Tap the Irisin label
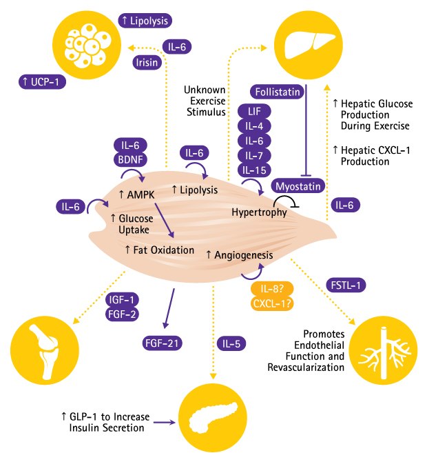(148, 63)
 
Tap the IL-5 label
(232, 343)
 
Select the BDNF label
(131, 160)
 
